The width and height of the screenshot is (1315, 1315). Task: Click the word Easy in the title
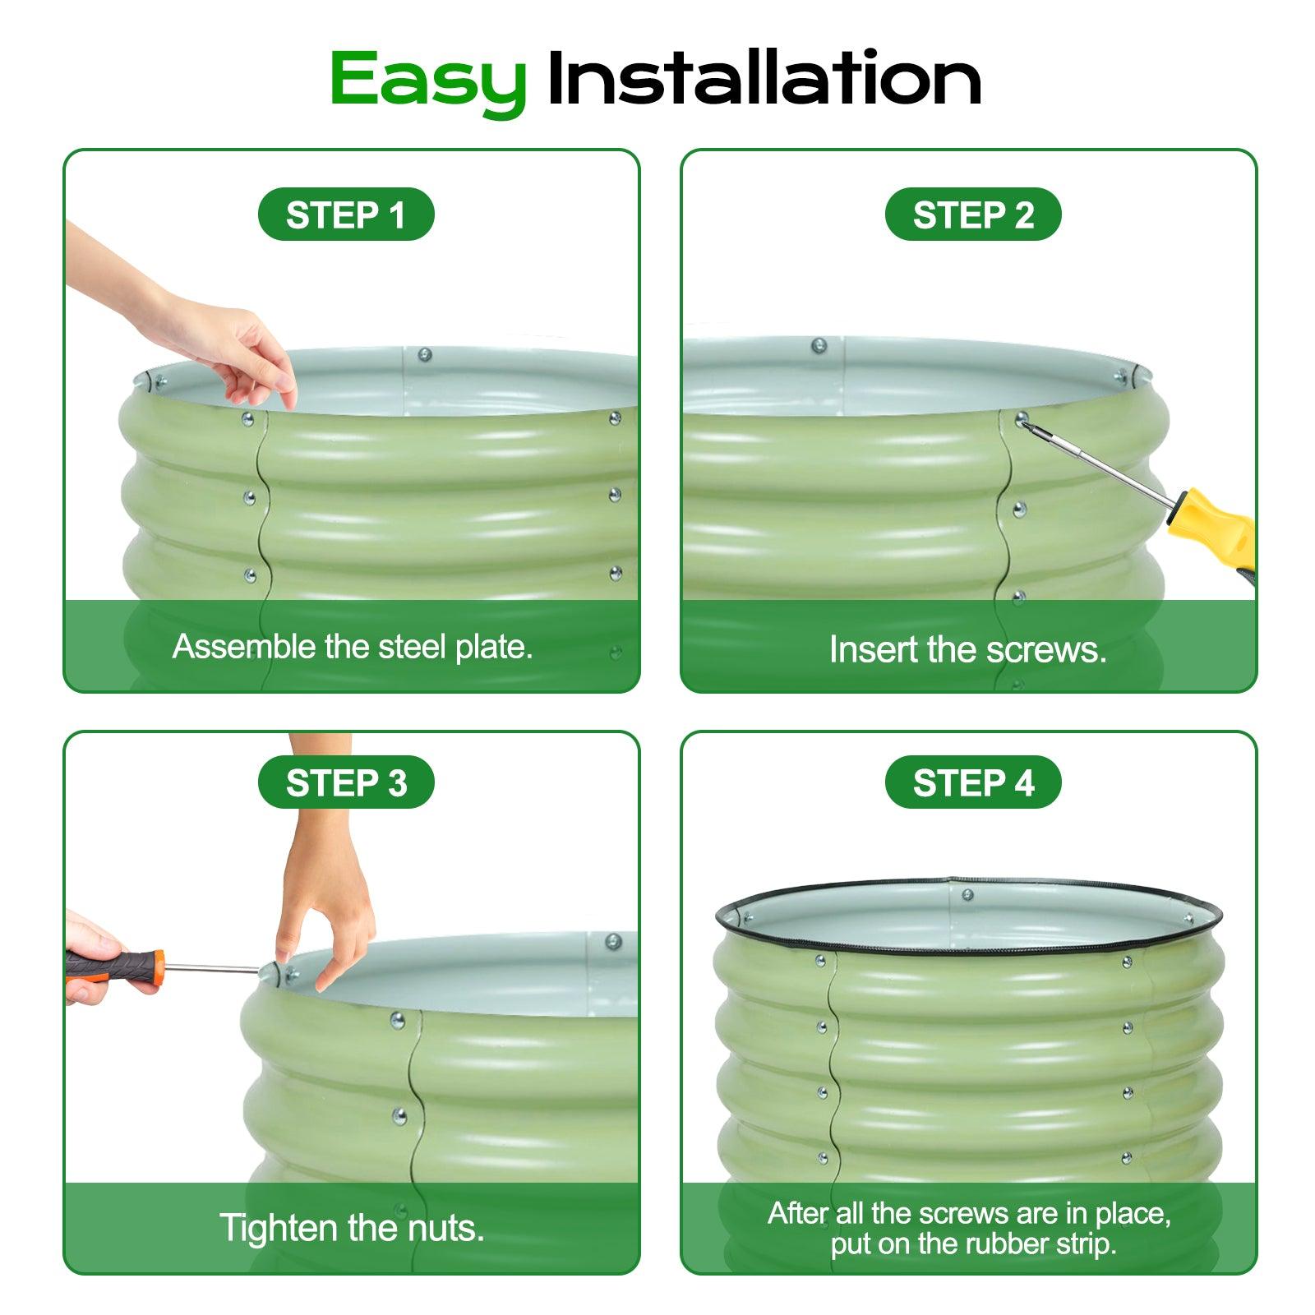pyautogui.click(x=427, y=81)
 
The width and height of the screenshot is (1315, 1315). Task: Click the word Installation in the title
pyautogui.click(x=764, y=78)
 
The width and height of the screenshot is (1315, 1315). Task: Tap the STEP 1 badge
pyautogui.click(x=346, y=215)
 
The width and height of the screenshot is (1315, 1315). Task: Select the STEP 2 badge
pyautogui.click(x=973, y=215)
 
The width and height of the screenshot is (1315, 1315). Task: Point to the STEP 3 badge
pyautogui.click(x=346, y=782)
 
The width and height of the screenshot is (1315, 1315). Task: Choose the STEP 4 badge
pyautogui.click(x=973, y=782)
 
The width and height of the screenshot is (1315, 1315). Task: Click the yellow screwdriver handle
pyautogui.click(x=1215, y=533)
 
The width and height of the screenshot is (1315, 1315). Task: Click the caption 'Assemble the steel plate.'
pyautogui.click(x=353, y=647)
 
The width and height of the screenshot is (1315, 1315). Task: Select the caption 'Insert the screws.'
pyautogui.click(x=968, y=649)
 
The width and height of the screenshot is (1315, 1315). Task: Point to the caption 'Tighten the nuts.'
pyautogui.click(x=352, y=1228)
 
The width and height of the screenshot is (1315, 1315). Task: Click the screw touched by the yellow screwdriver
pyautogui.click(x=1022, y=420)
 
